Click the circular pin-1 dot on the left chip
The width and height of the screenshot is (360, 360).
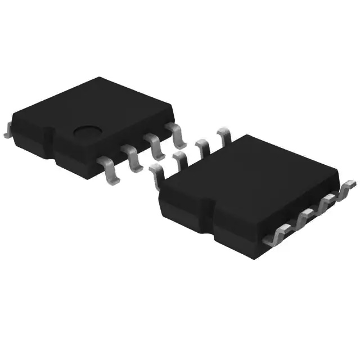coord(87,133)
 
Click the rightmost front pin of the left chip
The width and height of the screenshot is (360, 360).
coord(177,134)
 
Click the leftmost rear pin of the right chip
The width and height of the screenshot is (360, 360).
coord(156,174)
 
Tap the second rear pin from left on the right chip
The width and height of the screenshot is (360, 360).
coord(180,160)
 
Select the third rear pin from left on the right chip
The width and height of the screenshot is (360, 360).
coord(202,147)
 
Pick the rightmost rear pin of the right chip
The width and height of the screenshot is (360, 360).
coord(224,136)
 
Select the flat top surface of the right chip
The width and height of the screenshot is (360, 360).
coord(253,180)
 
